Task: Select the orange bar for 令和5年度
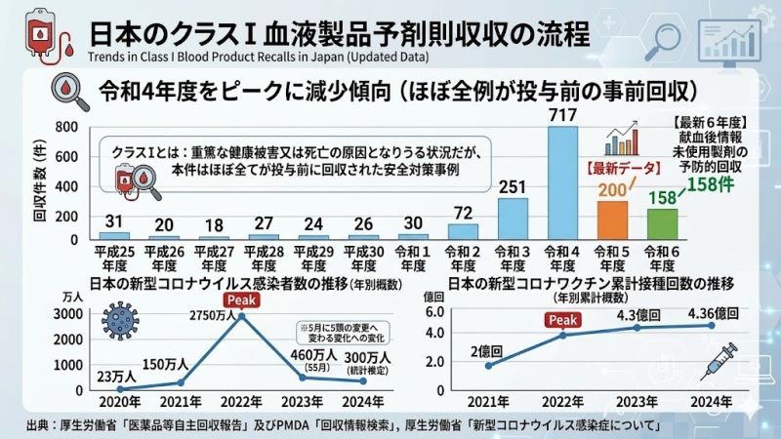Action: pos(612,220)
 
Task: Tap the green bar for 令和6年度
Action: pos(662,223)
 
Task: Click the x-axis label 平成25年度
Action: pos(113,259)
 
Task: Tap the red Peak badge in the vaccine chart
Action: pos(563,320)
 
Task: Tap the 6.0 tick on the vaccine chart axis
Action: pos(435,312)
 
